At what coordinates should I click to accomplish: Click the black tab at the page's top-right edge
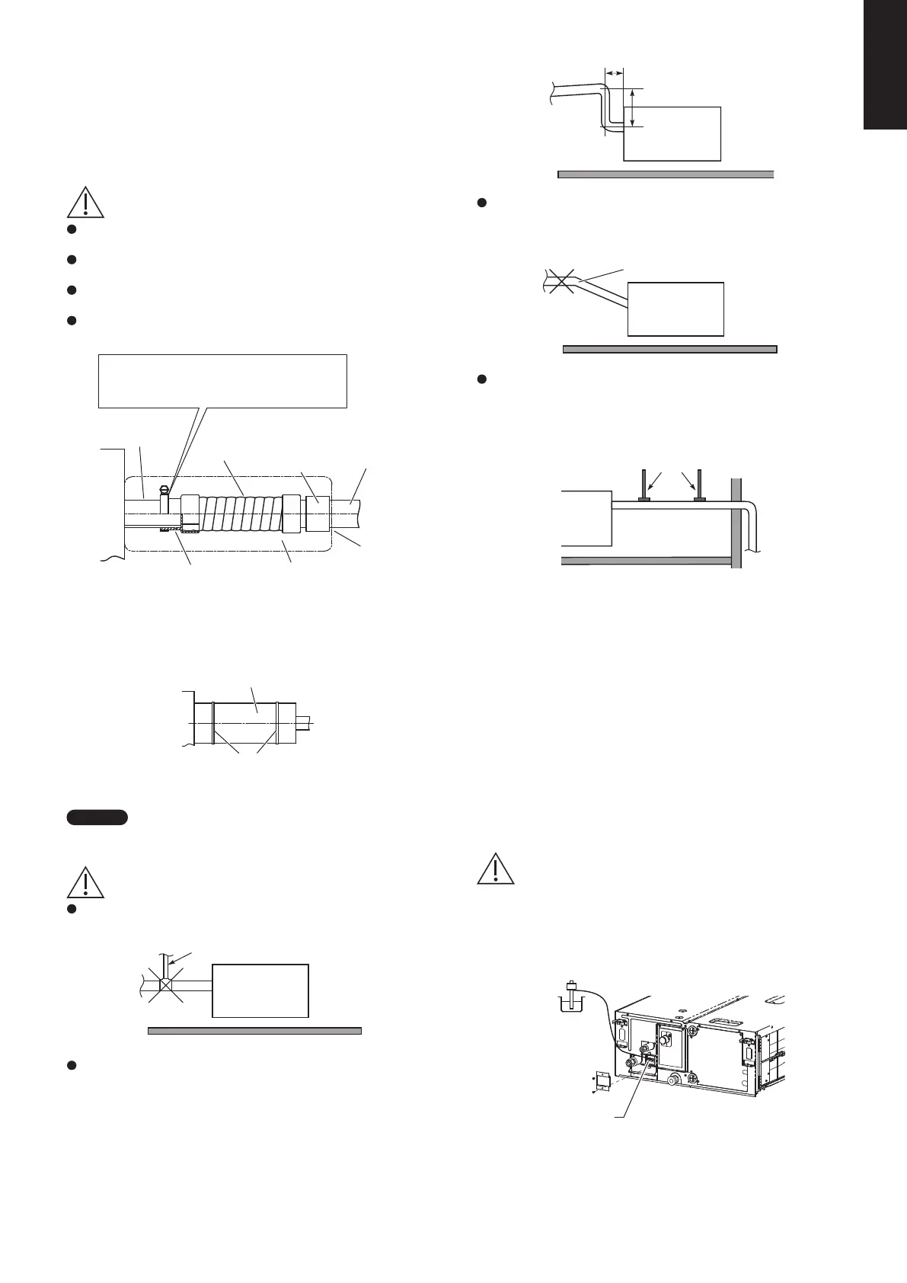[885, 65]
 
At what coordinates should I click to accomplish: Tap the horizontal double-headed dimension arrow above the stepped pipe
[613, 72]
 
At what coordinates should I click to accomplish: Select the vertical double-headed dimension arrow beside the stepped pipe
[633, 107]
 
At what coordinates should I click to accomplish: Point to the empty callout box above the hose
[223, 380]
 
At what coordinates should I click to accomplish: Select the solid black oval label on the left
[97, 818]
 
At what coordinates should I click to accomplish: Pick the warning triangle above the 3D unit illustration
[496, 869]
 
